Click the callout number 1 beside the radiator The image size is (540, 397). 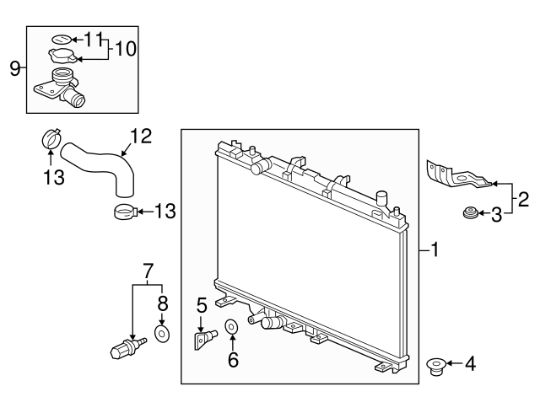point(435,249)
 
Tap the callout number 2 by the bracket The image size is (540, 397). point(523,200)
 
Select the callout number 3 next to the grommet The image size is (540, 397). point(497,216)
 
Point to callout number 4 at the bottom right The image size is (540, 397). point(470,364)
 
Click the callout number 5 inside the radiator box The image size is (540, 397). point(202,304)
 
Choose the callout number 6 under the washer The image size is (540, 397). point(234,359)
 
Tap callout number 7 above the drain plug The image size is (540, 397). point(148,271)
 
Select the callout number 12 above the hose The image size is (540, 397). point(140,135)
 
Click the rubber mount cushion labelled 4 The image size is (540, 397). point(435,365)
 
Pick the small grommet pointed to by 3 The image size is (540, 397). point(470,216)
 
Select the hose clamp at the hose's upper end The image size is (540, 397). point(51,138)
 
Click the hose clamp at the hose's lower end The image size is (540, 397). point(123,212)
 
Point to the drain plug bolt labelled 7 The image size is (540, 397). point(126,346)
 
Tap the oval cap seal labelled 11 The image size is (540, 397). point(61,39)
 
